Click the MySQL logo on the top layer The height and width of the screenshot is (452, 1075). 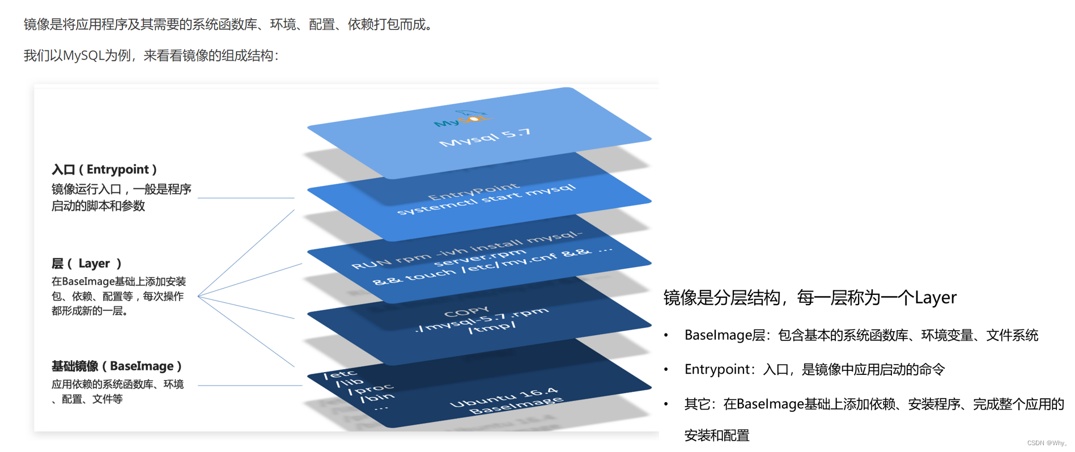coord(461,119)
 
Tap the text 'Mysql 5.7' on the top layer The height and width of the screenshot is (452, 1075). coord(485,138)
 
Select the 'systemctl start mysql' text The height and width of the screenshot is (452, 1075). coord(486,200)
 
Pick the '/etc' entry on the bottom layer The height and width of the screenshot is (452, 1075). coord(340,374)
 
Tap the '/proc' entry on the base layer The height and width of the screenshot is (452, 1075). coord(371,390)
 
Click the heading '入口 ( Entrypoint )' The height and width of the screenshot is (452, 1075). coord(104,170)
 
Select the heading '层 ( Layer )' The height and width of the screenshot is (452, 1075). coord(86,264)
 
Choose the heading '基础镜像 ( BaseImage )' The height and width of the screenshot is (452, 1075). coord(116,366)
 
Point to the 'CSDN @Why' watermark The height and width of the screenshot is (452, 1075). coord(1046,443)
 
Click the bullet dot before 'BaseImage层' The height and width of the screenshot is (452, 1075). coord(666,336)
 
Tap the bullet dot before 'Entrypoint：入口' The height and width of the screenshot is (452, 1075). coord(666,370)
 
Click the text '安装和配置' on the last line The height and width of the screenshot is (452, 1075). coord(717,436)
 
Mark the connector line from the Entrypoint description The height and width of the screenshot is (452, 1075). coord(245,198)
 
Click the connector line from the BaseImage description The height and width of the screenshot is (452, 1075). coord(249,386)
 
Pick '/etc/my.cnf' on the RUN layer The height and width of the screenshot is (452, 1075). coord(494,262)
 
